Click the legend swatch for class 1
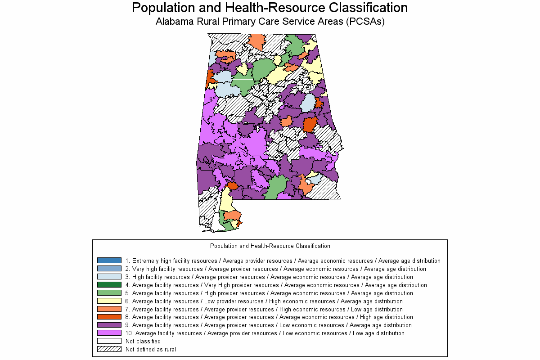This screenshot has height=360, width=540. [109, 261]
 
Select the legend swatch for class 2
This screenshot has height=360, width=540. [109, 269]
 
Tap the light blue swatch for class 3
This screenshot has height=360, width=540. [109, 277]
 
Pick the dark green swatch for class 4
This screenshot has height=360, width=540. [109, 285]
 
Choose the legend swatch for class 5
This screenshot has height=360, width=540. [109, 293]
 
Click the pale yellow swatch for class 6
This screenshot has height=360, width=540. [109, 301]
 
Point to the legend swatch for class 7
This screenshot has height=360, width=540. [109, 309]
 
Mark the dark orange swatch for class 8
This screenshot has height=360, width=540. [109, 317]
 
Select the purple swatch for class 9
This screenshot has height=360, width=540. [109, 325]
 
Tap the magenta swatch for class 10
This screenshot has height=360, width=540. [109, 333]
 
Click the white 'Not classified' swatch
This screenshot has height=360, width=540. [109, 341]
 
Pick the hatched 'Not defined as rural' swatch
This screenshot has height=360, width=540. [109, 349]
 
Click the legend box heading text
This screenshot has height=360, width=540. [270, 246]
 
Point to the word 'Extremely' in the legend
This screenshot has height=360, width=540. [145, 261]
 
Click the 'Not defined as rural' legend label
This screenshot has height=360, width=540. [151, 349]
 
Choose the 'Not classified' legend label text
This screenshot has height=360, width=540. [143, 341]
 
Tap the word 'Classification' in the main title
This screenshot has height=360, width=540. [369, 8]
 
